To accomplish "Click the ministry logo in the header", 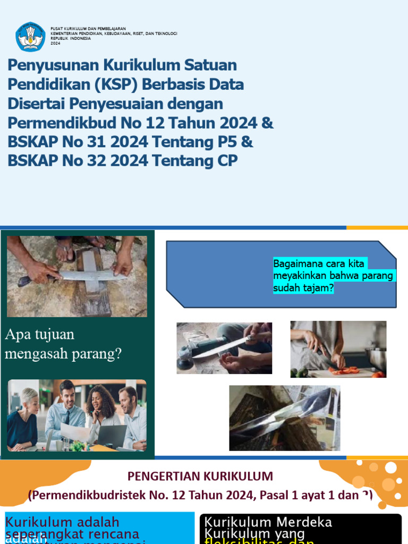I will (x=30, y=37).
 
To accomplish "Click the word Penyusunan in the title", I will (x=52, y=66).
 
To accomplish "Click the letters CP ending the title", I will (x=226, y=161).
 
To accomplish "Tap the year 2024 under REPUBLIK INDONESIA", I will (x=56, y=44).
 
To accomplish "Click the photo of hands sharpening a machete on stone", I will (x=77, y=276).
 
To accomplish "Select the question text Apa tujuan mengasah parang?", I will (x=63, y=344).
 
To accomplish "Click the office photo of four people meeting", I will (x=77, y=415).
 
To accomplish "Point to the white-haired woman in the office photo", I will (x=24, y=414).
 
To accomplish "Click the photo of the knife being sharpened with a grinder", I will (x=224, y=348).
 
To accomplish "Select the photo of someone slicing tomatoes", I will (x=338, y=349).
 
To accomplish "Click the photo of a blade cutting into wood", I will (x=284, y=418).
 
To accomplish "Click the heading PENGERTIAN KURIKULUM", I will (x=201, y=476).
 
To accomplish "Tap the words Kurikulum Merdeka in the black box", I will (x=268, y=522).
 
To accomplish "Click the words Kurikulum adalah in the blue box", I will (x=62, y=522).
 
